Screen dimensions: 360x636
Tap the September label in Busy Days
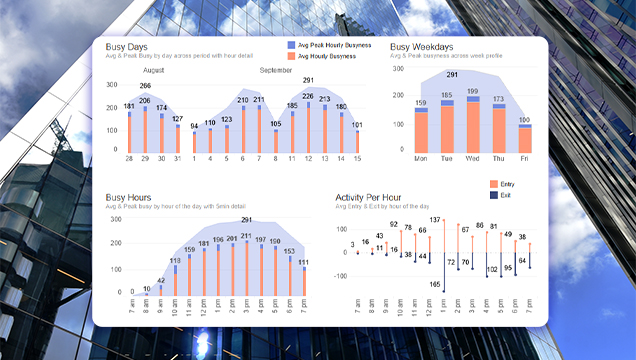tap(276, 71)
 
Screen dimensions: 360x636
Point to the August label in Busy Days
tap(154, 71)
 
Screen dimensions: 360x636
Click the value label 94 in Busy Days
tap(194, 126)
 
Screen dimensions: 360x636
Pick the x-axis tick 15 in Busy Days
tap(357, 160)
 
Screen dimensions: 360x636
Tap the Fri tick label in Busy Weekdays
tap(524, 159)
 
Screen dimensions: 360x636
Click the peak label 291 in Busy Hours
tap(247, 220)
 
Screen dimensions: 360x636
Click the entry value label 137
tap(435, 220)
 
